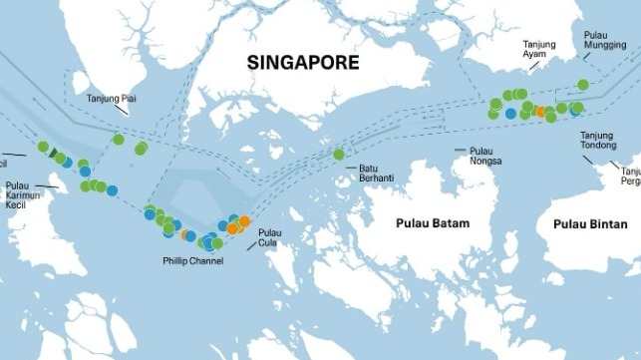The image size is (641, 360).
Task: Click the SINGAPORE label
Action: point(303,62)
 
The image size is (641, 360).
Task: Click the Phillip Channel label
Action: point(192,261)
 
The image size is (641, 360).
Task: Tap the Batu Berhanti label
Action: point(377,173)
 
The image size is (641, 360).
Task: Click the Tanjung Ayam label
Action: point(536,50)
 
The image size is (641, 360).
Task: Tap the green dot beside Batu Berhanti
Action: point(339,155)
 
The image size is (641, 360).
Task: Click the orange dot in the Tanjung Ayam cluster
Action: point(540,112)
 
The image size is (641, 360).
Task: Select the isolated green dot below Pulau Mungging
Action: point(583,85)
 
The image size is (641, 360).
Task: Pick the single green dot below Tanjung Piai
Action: point(119,139)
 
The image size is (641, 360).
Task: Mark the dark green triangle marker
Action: point(53,154)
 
